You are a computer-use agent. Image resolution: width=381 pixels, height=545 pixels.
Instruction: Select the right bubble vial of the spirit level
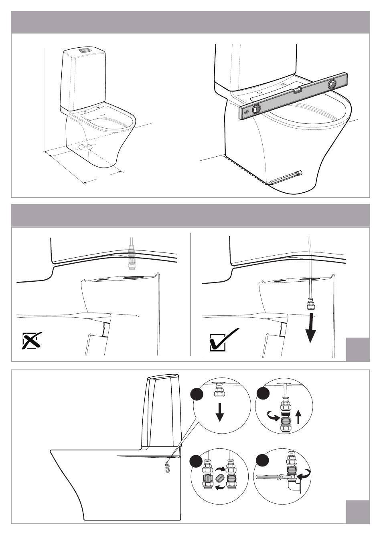[333, 84]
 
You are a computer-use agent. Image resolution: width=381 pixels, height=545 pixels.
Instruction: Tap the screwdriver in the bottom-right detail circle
[271, 477]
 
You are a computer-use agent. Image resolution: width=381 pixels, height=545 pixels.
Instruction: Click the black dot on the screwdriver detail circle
[262, 460]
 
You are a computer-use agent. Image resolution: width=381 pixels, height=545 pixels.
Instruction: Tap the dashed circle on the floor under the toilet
[85, 146]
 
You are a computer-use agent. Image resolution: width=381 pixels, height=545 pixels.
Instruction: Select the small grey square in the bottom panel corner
[358, 511]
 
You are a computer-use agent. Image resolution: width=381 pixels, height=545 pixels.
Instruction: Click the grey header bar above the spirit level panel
[190, 22]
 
